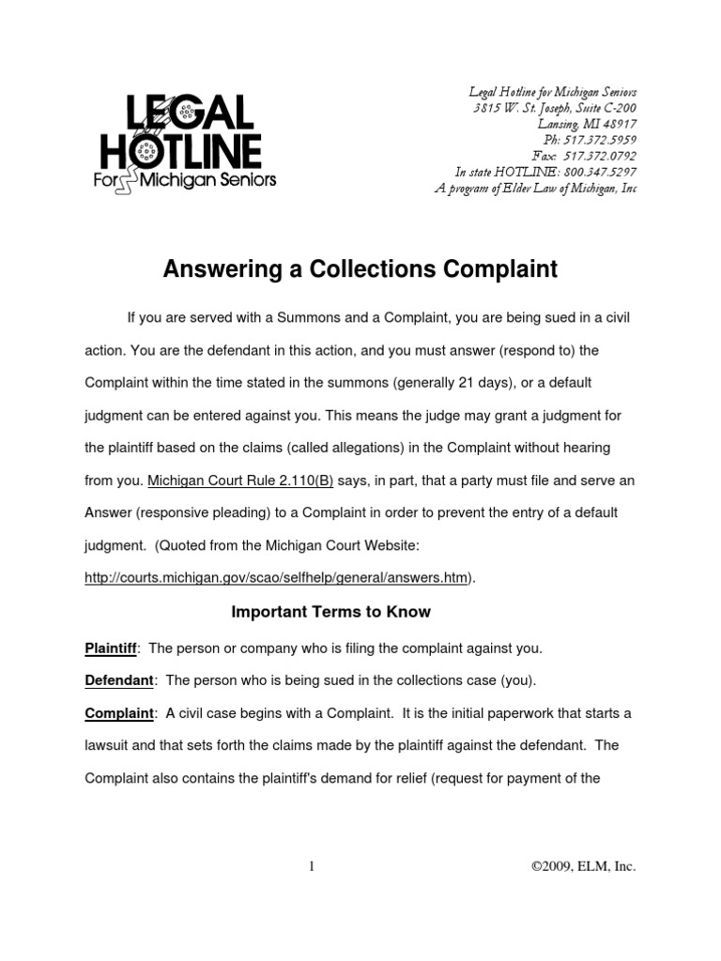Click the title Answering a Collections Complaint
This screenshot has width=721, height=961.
(x=360, y=270)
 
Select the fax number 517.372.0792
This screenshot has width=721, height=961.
(x=597, y=156)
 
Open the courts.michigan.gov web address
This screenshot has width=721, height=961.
(x=276, y=578)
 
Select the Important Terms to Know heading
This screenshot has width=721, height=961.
(x=330, y=612)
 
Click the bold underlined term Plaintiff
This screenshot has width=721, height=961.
(x=111, y=648)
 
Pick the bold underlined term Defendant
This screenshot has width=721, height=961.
(x=118, y=680)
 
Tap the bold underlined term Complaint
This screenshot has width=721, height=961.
(x=119, y=713)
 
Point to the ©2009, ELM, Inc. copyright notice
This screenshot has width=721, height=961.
(x=583, y=867)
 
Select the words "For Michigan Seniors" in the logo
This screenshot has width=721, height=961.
(x=185, y=179)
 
